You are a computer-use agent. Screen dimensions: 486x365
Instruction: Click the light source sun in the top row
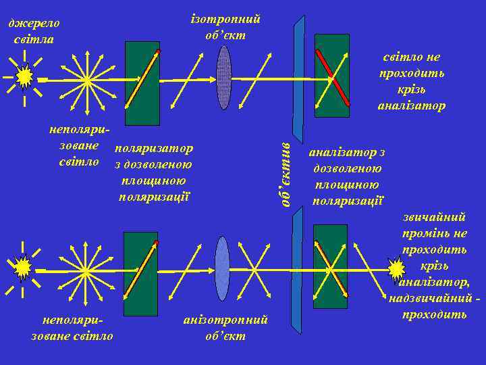click(24, 78)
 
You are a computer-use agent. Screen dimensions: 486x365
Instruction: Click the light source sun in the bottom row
click(23, 268)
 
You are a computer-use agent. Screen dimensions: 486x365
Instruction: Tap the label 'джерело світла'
click(34, 31)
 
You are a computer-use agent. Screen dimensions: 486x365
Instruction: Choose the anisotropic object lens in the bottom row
click(222, 268)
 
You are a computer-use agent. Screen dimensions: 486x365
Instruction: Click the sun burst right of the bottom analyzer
click(397, 269)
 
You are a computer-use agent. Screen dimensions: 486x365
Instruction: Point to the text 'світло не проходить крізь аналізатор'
click(411, 81)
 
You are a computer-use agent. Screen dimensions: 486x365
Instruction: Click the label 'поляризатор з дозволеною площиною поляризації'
click(154, 172)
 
